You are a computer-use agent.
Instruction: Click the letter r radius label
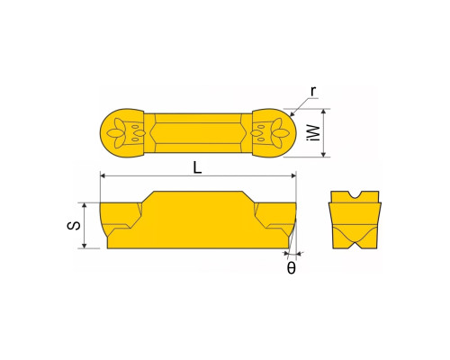coord(313,91)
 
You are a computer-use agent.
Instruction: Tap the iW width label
coord(315,133)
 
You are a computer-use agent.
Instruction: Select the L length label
coord(197,167)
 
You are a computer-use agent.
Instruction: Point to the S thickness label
coord(74,226)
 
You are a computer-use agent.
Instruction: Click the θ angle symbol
coord(292,268)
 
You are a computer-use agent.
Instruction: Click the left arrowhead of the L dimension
coord(103,175)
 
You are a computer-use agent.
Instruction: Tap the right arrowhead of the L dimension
coord(293,175)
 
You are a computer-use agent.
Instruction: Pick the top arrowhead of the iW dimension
coord(323,112)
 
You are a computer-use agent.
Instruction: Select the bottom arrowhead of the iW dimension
coord(323,154)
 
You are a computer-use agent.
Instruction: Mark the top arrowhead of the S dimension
coord(85,206)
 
